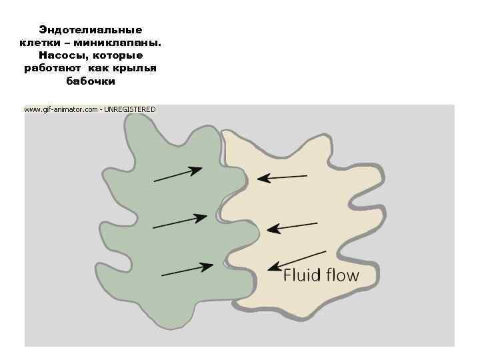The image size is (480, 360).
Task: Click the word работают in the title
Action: [52, 69]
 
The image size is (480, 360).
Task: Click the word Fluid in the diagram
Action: [301, 275]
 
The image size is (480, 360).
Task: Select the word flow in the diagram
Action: [341, 275]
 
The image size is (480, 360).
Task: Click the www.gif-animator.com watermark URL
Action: [61, 109]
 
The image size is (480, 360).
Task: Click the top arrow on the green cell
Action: [178, 174]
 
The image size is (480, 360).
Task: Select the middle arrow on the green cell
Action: [180, 222]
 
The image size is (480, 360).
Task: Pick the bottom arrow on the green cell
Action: [187, 269]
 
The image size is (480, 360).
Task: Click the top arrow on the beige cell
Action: [283, 177]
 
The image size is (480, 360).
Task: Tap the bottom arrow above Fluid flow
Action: [297, 260]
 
